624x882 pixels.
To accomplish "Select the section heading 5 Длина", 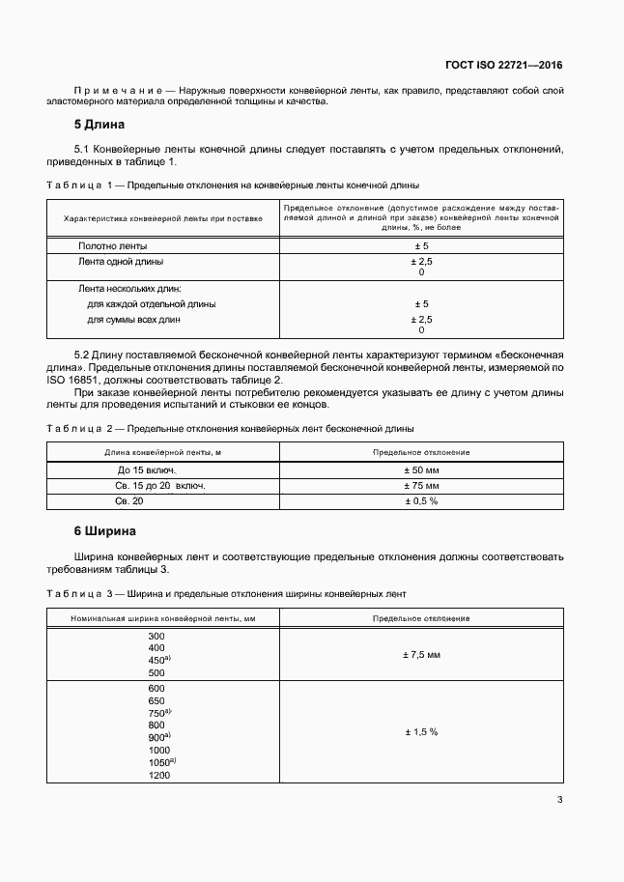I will coord(99,125).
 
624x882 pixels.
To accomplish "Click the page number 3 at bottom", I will coord(560,799).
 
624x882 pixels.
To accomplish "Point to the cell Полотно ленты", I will coord(112,246).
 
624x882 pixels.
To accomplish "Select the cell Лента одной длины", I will coord(120,261).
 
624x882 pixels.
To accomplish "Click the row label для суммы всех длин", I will coord(133,319).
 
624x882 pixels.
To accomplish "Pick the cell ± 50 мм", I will coord(420,469).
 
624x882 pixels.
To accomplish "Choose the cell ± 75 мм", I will coord(420,485).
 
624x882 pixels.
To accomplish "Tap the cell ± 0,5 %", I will coord(420,501).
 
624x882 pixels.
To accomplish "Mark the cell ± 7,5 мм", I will coord(420,655).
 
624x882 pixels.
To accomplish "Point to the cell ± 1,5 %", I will coord(420,732).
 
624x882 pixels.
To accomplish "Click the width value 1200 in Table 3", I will coord(158,776).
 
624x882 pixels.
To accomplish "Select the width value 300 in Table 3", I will coord(156,636).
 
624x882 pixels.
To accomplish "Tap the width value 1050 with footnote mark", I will coord(160,762).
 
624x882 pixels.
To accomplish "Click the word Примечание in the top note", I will coord(112,90).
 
